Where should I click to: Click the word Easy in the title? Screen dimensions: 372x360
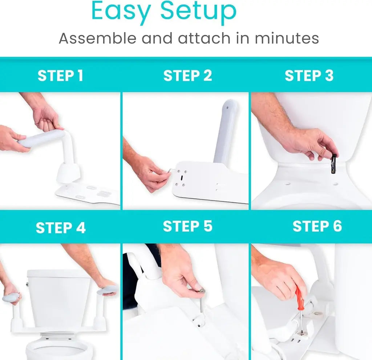coord(121,11)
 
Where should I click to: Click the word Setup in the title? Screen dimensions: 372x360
coord(198,11)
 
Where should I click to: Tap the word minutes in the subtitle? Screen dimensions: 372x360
coord(287,38)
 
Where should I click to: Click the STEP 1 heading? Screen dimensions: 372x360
coord(60,76)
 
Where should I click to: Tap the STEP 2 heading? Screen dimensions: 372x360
coord(187,76)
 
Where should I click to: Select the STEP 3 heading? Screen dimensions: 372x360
coord(309,76)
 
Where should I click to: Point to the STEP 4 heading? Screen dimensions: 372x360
coord(61,228)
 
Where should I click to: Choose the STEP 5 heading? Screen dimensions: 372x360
coord(187,226)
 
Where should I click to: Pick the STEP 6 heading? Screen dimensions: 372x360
coord(317,226)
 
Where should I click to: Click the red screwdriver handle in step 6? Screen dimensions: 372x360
coord(299,299)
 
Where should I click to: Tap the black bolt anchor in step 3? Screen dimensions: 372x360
coord(333,164)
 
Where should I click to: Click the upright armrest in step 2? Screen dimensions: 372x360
coord(225,132)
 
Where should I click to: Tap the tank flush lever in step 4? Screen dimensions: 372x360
coord(27,284)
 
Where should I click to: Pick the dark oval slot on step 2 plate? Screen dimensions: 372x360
coord(182,178)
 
